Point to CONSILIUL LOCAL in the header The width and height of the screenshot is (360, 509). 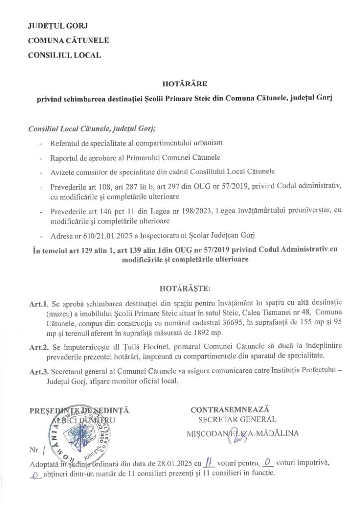coord(65,55)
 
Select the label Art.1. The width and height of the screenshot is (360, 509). coord(40,302)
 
